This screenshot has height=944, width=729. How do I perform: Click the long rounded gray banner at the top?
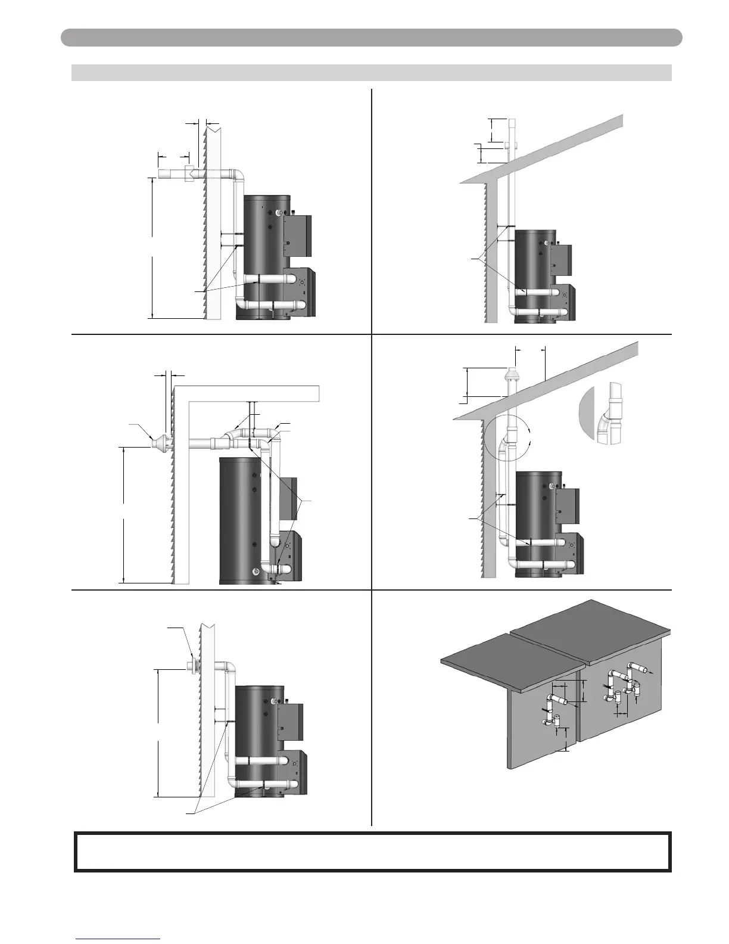[x=372, y=38]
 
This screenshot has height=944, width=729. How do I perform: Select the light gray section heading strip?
[x=372, y=73]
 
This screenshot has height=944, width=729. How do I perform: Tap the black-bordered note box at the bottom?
[x=373, y=852]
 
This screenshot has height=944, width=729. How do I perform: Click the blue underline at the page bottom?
[x=118, y=939]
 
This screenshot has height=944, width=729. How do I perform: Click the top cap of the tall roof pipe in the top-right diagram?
[x=512, y=122]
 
